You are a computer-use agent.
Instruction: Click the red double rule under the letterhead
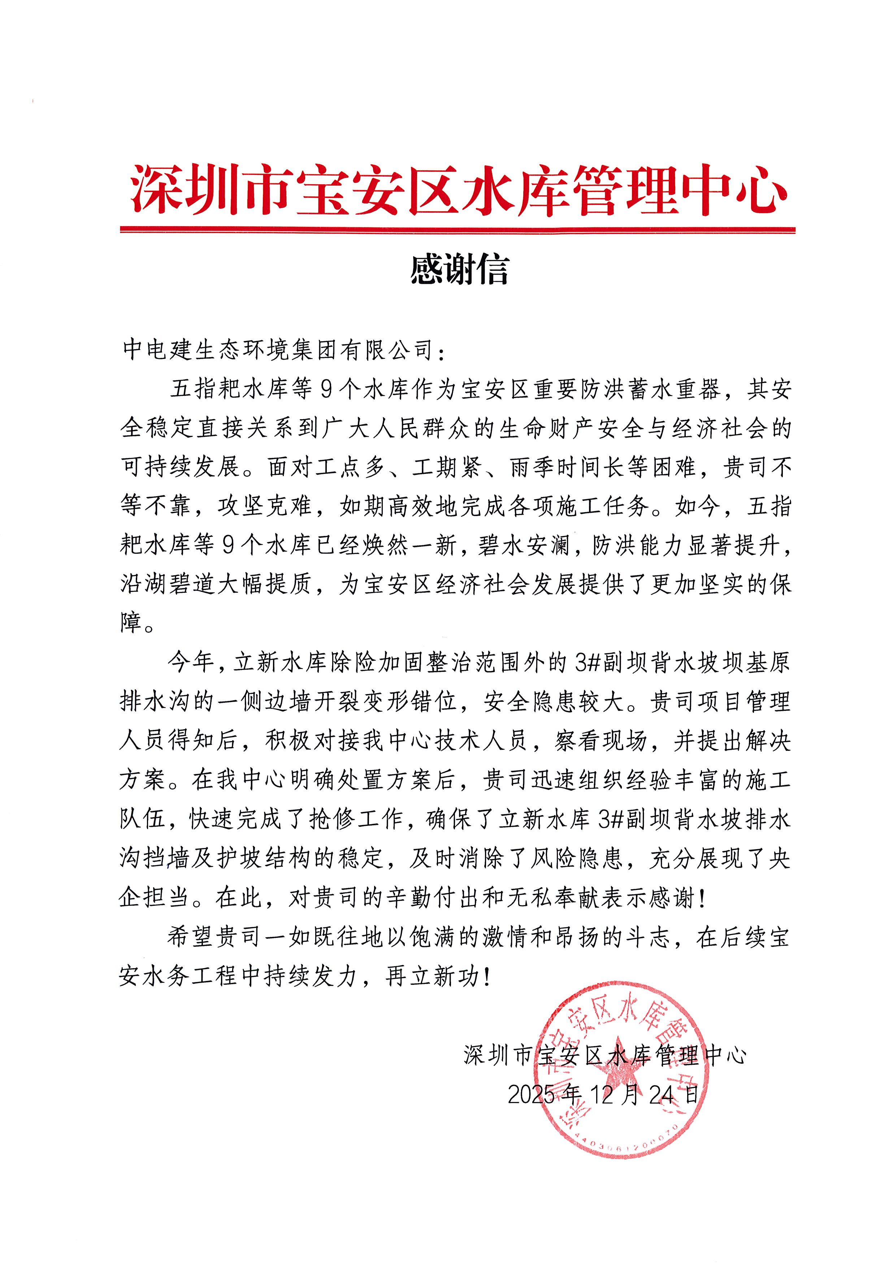click(x=458, y=229)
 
